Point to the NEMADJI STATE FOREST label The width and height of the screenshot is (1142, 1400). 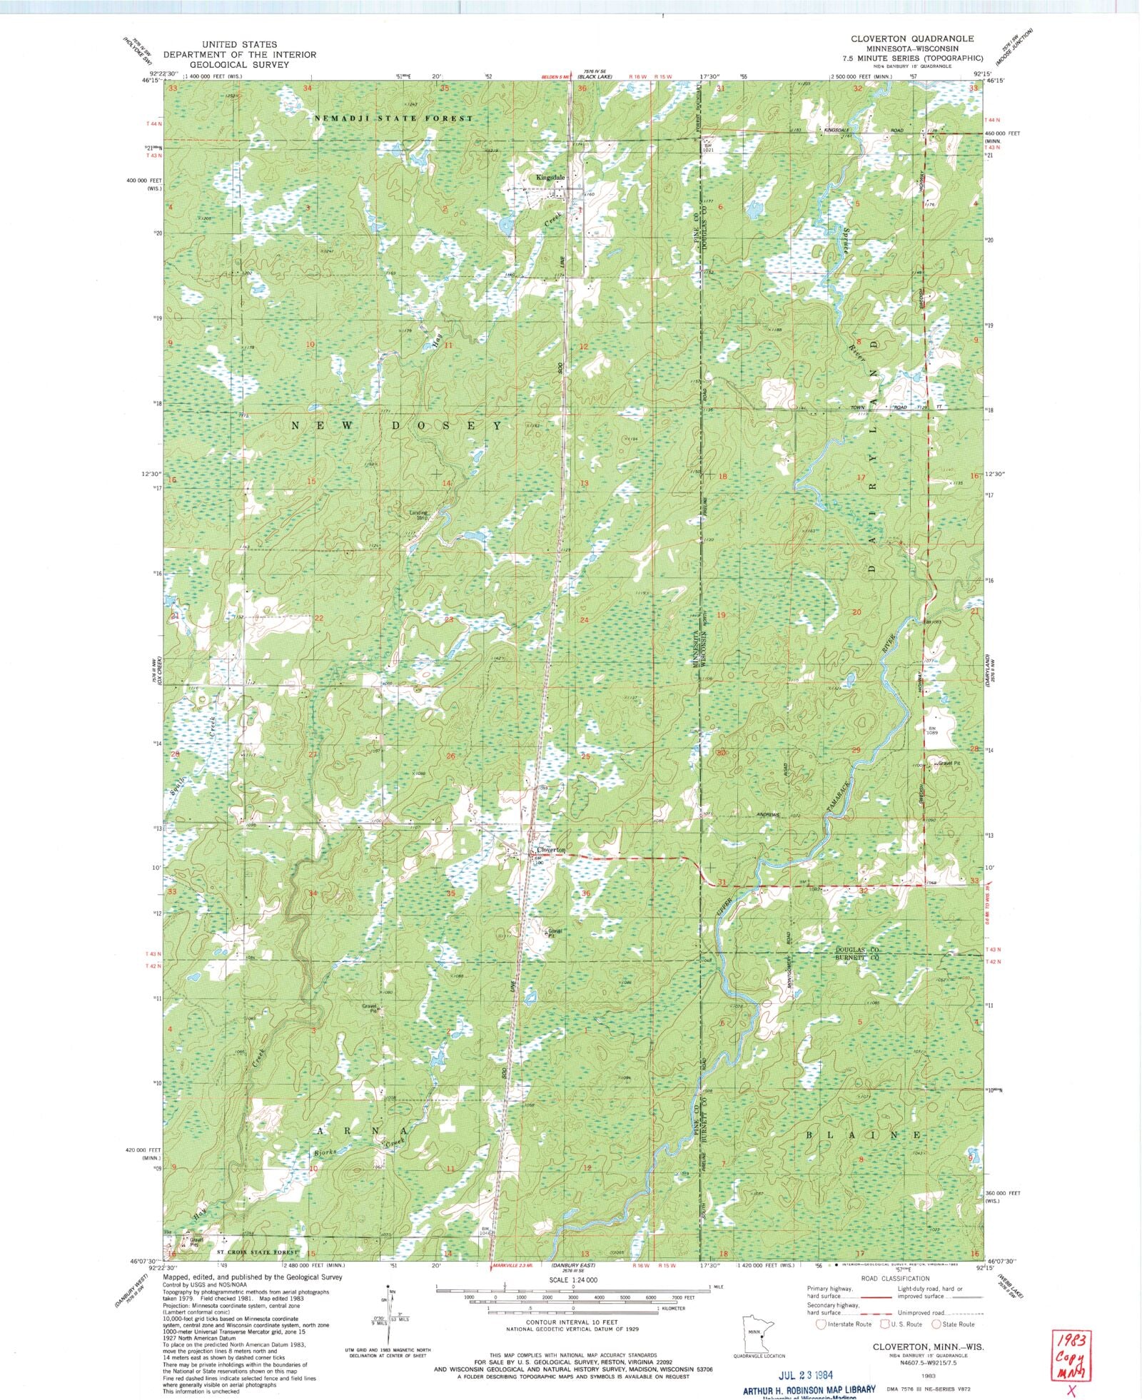coord(393,118)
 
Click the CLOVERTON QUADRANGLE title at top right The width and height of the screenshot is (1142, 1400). coord(911,39)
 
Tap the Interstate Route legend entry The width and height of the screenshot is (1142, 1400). coord(844,1324)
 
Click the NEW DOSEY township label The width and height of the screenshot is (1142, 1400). coord(397,425)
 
